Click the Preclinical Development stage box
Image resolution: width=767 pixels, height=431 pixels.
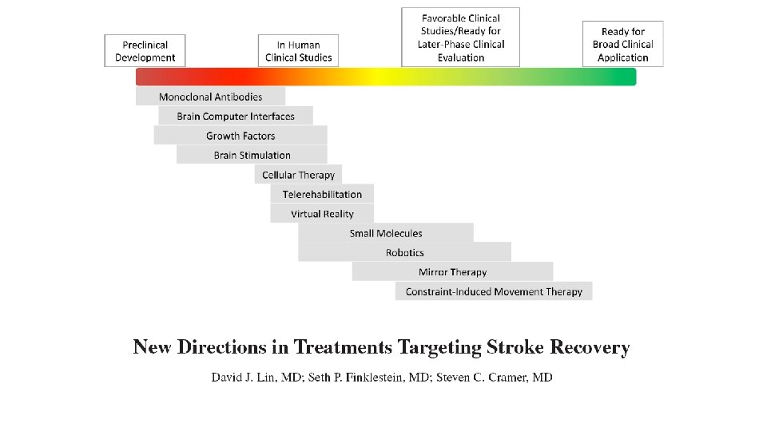click(145, 50)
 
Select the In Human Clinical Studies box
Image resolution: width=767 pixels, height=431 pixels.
click(298, 50)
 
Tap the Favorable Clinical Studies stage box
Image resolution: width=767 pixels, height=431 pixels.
click(460, 38)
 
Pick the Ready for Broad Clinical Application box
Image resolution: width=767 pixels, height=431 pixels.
click(622, 44)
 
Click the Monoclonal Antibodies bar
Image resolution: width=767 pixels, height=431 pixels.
click(210, 97)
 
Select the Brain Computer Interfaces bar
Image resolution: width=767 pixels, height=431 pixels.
click(236, 116)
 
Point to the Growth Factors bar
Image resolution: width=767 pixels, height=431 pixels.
click(240, 136)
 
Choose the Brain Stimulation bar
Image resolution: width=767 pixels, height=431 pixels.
click(252, 155)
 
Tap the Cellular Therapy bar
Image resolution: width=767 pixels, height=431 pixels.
click(299, 175)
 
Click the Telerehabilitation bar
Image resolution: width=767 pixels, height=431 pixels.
click(322, 194)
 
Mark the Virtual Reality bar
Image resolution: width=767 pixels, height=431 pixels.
click(322, 214)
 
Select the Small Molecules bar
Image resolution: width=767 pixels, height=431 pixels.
click(386, 233)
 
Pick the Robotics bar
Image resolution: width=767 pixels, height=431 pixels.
click(405, 252)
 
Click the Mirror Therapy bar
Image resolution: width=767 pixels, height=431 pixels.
click(452, 272)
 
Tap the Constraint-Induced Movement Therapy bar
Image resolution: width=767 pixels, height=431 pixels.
click(494, 291)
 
